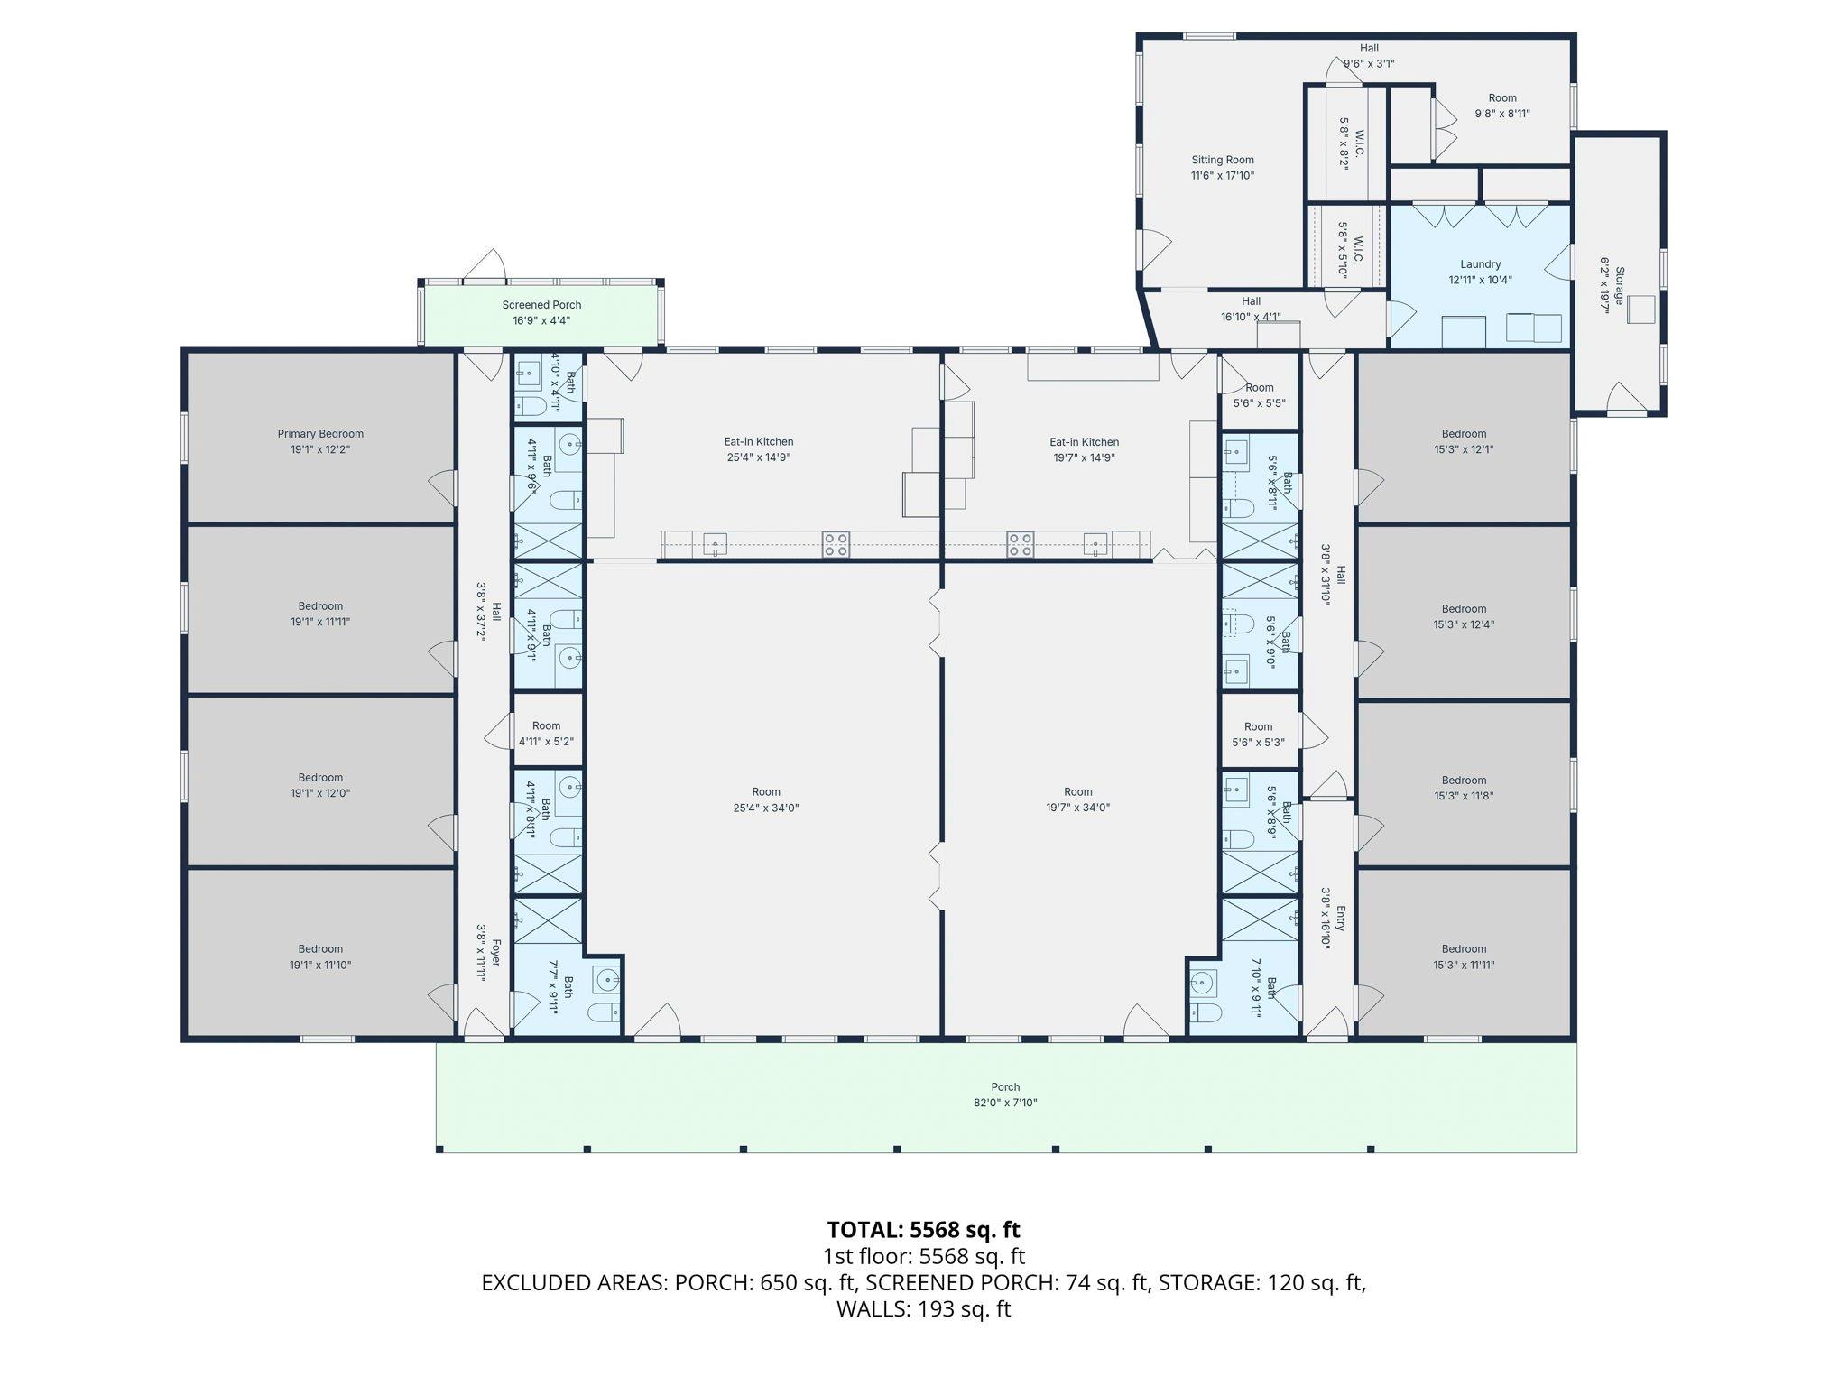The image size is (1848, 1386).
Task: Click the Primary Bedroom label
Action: coord(320,434)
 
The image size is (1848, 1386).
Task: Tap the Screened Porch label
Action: coord(541,305)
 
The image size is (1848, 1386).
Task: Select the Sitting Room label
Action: coord(1223,160)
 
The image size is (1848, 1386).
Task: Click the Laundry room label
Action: coord(1480,264)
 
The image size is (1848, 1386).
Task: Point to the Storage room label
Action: coord(1620,285)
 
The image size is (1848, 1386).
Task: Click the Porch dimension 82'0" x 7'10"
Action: coord(1005,1103)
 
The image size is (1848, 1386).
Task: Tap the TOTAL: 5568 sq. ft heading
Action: coord(923,1230)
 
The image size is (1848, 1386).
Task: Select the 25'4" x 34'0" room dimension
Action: coord(766,808)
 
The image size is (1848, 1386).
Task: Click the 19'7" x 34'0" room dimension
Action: coord(1077,808)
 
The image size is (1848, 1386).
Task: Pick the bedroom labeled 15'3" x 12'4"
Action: coord(1464,616)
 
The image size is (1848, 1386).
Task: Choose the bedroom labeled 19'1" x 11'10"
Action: coord(320,956)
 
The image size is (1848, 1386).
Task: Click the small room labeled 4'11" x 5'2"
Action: coord(546,734)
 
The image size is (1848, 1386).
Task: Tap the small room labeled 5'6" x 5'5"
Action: coord(1259,395)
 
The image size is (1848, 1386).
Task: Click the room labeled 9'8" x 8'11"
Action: coord(1502,106)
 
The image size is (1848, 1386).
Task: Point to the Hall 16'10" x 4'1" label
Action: coord(1251,309)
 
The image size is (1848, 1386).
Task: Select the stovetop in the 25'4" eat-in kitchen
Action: coord(836,544)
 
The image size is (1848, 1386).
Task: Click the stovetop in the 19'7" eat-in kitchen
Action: coord(1021,544)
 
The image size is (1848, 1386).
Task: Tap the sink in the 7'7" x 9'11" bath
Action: coord(607,979)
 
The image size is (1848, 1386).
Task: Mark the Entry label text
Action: coord(1341,919)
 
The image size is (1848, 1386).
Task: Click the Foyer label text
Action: coord(495,953)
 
